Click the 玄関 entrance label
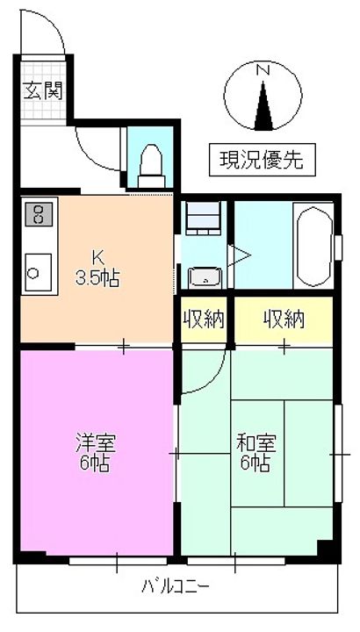click(x=43, y=90)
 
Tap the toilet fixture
click(x=151, y=166)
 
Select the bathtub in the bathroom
click(x=314, y=247)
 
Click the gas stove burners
click(x=40, y=214)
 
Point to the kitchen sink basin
click(x=39, y=272)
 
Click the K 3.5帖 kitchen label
click(x=97, y=267)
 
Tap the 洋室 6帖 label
click(x=96, y=452)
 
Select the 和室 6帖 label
click(x=256, y=452)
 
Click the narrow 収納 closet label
click(x=204, y=320)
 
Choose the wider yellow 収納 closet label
click(x=284, y=320)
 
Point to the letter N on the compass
click(x=263, y=70)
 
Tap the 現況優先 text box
click(x=262, y=160)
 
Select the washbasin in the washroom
click(x=205, y=276)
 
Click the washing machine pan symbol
click(x=204, y=218)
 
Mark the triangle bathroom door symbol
click(x=239, y=255)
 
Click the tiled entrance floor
click(x=43, y=90)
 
